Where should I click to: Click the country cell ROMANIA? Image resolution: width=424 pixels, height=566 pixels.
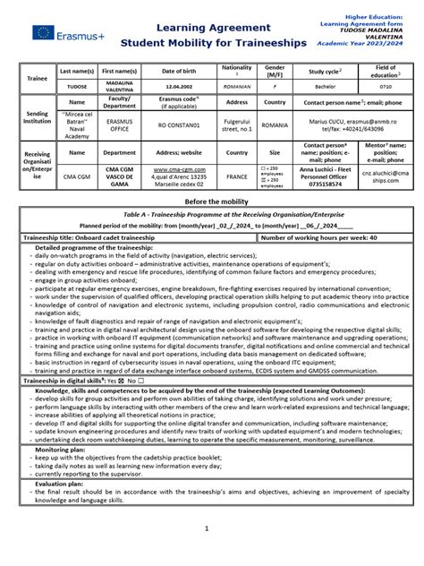point(276,126)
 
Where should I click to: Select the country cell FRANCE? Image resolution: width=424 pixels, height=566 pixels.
point(238,177)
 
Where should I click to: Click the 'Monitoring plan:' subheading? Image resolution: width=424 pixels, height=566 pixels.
point(63,450)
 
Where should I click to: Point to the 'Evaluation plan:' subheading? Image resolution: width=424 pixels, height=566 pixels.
point(63,483)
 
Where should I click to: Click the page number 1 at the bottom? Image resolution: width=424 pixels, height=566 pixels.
point(206,528)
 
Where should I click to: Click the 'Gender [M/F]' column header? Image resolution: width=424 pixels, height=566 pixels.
point(276,70)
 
